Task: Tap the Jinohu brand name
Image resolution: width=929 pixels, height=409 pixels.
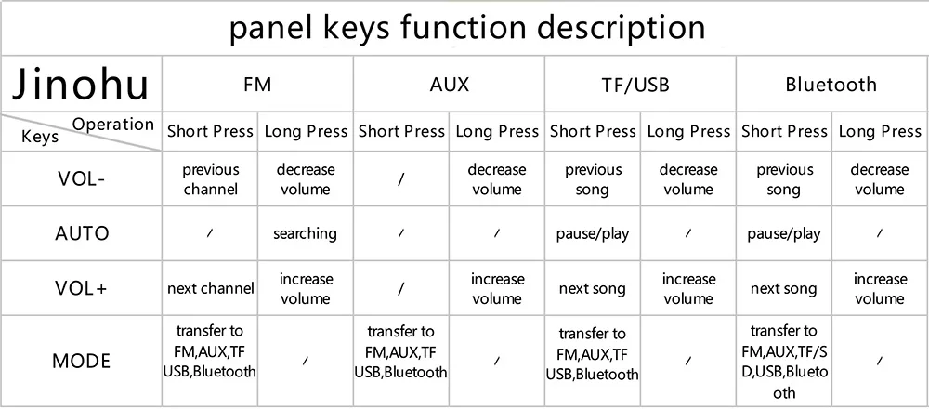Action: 81,85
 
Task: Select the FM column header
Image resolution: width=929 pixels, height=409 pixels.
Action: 257,86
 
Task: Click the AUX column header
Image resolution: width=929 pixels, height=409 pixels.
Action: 450,86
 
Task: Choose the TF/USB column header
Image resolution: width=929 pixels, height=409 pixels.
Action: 639,86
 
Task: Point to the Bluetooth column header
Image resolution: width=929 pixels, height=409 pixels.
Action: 831,86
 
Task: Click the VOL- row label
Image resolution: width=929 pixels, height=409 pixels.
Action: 81,180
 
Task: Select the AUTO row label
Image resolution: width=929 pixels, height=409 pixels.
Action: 81,233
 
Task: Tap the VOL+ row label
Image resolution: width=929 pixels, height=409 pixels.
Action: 81,288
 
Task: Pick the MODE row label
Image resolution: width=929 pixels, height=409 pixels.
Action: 81,361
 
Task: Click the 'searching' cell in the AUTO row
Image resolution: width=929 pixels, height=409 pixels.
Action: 305,233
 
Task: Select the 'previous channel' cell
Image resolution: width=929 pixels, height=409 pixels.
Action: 210,179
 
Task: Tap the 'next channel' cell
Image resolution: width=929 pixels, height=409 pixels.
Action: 210,288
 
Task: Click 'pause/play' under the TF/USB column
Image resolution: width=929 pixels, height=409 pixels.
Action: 593,233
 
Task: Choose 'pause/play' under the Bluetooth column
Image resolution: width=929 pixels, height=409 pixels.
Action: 784,233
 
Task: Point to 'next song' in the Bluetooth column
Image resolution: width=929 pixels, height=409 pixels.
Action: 783,289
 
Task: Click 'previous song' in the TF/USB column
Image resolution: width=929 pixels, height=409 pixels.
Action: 593,179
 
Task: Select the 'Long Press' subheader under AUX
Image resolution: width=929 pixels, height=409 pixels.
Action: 497,132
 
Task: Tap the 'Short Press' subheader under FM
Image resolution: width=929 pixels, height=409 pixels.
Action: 210,132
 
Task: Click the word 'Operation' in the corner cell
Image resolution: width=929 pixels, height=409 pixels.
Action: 113,125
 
